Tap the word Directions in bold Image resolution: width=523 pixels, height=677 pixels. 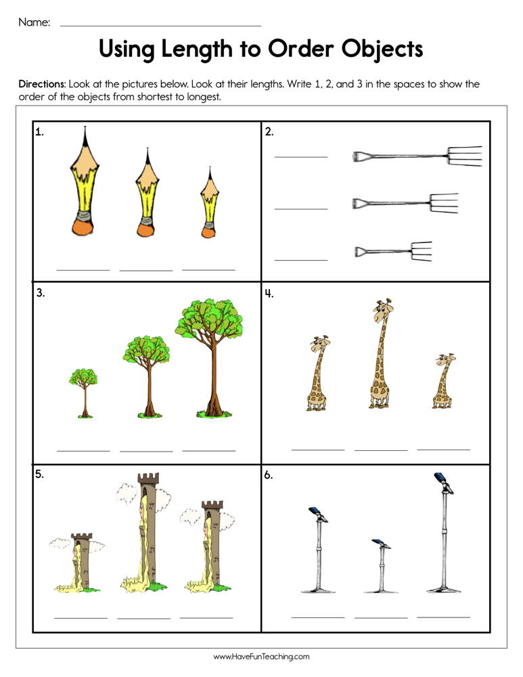point(42,85)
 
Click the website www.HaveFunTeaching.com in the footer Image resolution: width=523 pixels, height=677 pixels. point(261,656)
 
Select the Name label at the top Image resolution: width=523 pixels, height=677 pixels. point(34,22)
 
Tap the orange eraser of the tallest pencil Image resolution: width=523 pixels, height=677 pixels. point(84,227)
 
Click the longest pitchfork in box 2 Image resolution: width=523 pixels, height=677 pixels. point(416,157)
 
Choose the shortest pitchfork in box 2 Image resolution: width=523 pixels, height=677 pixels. point(393,252)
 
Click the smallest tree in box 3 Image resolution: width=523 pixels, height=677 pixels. point(83,392)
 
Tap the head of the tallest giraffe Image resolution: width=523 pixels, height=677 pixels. point(382,311)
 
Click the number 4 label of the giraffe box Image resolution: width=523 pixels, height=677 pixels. point(269,293)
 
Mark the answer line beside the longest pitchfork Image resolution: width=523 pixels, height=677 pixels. point(300,156)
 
